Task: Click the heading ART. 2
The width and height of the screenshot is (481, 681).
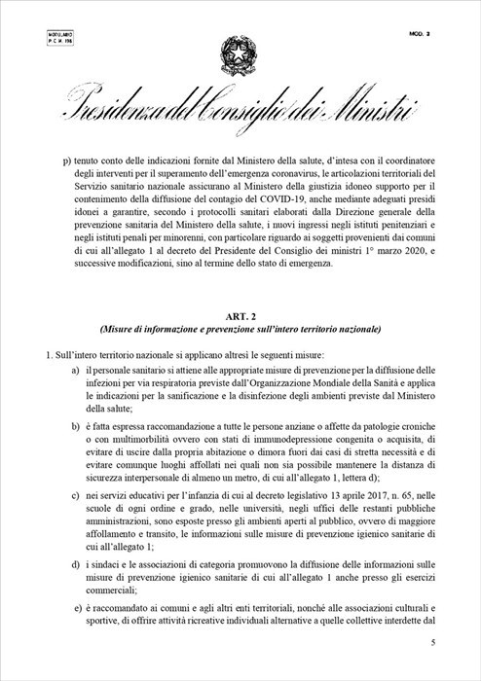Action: click(240, 313)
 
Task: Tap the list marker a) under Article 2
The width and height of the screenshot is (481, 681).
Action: click(76, 372)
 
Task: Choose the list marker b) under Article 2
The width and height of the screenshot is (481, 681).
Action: click(76, 427)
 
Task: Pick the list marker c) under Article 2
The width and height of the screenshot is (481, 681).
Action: click(76, 496)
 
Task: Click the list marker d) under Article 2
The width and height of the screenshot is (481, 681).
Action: click(76, 564)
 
